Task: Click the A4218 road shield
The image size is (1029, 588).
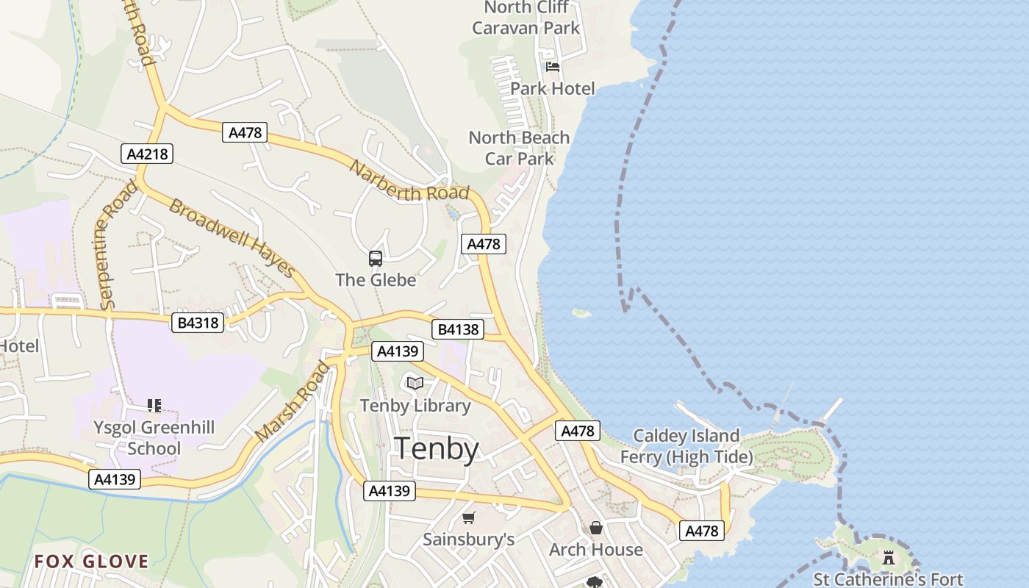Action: (147, 154)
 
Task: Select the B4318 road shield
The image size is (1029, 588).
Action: (198, 322)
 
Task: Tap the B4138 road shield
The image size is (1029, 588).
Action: (458, 330)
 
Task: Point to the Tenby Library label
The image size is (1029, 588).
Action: (415, 406)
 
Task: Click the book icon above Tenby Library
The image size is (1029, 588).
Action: (415, 383)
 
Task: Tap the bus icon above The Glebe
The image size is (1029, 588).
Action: (376, 258)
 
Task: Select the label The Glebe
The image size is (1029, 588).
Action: (376, 280)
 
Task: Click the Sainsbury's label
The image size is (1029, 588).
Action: (468, 539)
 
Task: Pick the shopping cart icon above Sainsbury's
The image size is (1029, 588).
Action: (468, 517)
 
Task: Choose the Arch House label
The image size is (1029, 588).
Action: (596, 550)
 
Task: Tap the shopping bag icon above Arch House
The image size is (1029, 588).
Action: (596, 528)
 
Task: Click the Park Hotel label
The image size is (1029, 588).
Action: (553, 88)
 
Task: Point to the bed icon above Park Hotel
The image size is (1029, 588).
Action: (553, 66)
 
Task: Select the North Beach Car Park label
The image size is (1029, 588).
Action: (520, 148)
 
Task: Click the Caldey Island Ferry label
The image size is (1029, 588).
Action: (686, 446)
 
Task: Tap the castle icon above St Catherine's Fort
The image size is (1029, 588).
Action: (889, 557)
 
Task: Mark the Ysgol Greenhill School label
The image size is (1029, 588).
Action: (154, 438)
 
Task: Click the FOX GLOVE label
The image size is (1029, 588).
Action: (91, 562)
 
